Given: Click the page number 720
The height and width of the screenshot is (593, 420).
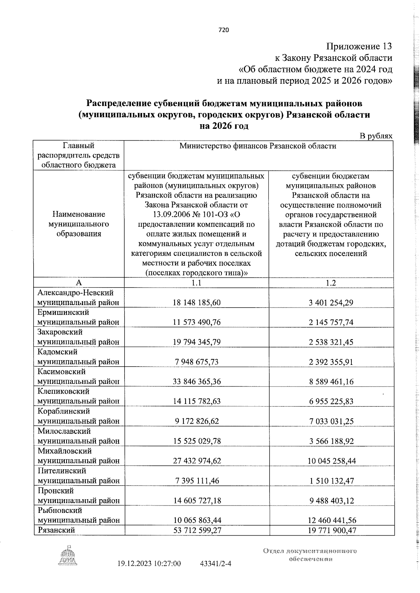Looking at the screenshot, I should click(x=223, y=30).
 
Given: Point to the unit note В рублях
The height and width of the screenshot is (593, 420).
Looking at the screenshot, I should click(x=376, y=136).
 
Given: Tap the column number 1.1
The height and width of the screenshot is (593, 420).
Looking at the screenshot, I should click(x=196, y=283).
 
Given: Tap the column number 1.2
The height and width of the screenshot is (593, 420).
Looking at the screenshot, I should click(x=331, y=283).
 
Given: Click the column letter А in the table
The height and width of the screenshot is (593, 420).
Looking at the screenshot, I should click(x=79, y=283).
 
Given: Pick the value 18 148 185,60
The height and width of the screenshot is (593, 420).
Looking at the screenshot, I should click(x=197, y=302).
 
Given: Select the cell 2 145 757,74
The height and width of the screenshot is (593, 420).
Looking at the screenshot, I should click(x=331, y=322).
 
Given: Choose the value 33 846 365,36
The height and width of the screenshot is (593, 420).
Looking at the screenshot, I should click(x=197, y=381).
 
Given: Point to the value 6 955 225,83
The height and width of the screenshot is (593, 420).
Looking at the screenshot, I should click(x=331, y=401).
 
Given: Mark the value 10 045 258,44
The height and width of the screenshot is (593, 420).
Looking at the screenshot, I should click(x=331, y=461).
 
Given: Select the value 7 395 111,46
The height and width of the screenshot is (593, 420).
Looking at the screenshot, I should click(x=197, y=481).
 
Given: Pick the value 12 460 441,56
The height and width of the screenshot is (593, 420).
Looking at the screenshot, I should click(x=331, y=520).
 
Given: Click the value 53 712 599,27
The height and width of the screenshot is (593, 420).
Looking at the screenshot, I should click(x=197, y=530).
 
